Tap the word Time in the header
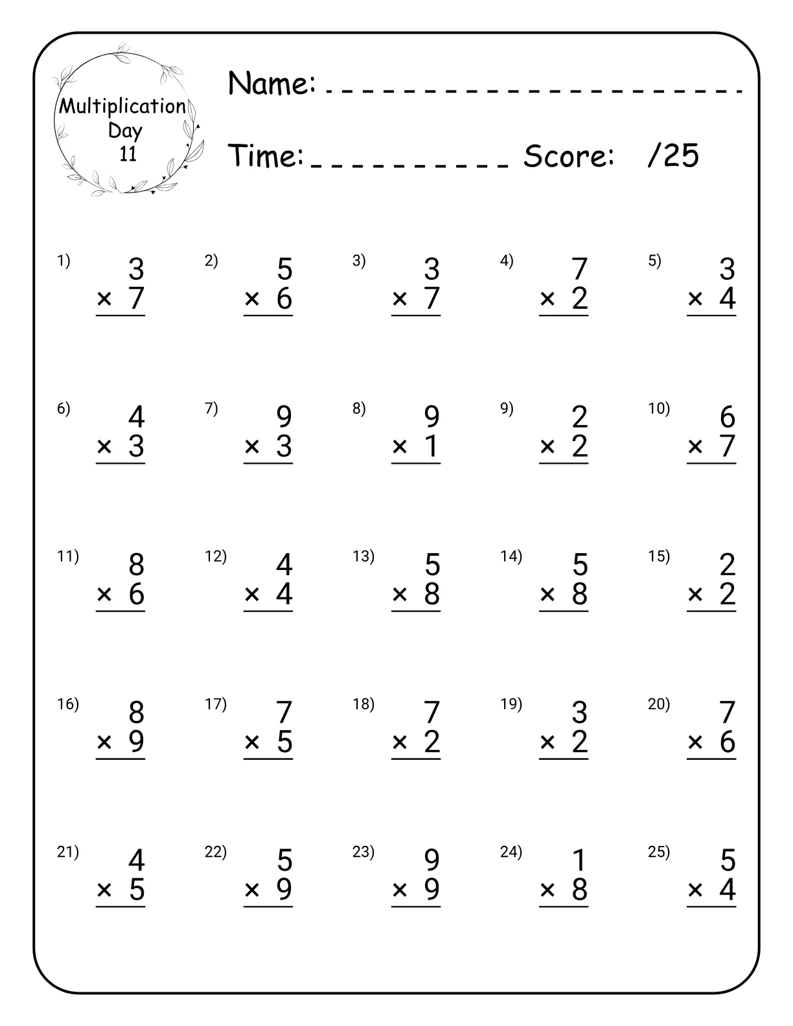[x=266, y=155]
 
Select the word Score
[x=568, y=155]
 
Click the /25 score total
[x=673, y=155]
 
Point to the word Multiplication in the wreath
[x=122, y=106]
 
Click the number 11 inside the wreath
[x=128, y=154]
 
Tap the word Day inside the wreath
[x=125, y=130]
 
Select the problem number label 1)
[x=63, y=261]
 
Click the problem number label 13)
[x=363, y=556]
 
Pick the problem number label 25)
[x=658, y=852]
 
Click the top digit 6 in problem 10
[x=728, y=417]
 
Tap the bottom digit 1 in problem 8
[x=432, y=446]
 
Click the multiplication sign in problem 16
[x=104, y=742]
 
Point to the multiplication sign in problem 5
[x=695, y=299]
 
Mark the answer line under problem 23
[x=416, y=906]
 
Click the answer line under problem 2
[x=268, y=315]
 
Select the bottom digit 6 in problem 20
[x=728, y=742]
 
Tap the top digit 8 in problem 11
[x=136, y=565]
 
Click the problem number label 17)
[x=215, y=704]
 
